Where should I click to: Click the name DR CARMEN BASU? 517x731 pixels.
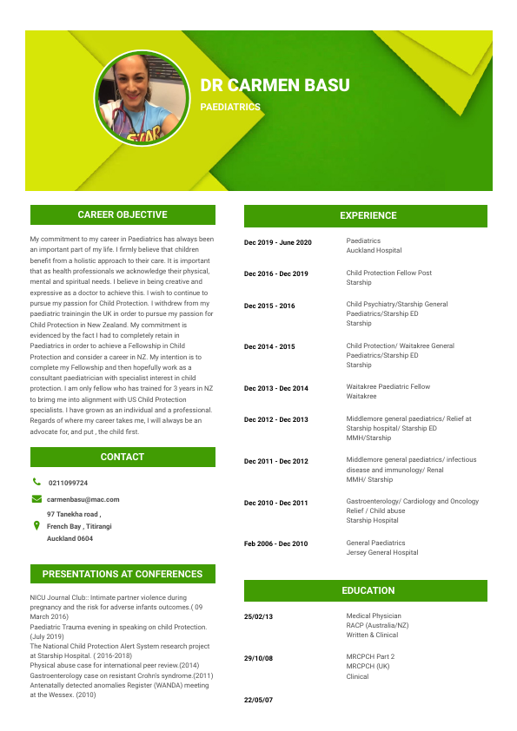275,85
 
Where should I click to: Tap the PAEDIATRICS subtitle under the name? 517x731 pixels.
230,108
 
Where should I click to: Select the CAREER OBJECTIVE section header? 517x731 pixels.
123,214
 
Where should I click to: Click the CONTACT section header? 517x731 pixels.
123,457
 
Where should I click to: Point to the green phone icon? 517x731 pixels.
36,482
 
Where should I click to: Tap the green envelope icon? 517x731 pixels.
36,499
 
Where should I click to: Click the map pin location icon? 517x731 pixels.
36,526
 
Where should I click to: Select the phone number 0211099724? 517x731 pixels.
68,483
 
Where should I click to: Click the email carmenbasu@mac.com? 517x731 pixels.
83,499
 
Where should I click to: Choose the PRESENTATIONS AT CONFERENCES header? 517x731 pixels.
123,574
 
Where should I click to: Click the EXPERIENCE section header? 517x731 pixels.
368,215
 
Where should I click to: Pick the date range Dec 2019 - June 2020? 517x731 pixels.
277,242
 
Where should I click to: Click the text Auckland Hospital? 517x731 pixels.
374,250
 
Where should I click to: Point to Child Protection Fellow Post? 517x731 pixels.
388,273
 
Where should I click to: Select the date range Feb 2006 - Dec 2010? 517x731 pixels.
276,543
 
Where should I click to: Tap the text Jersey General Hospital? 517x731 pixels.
381,552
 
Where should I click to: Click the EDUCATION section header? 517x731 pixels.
368,590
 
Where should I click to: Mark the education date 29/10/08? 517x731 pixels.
258,658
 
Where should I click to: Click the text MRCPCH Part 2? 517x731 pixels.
370,656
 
